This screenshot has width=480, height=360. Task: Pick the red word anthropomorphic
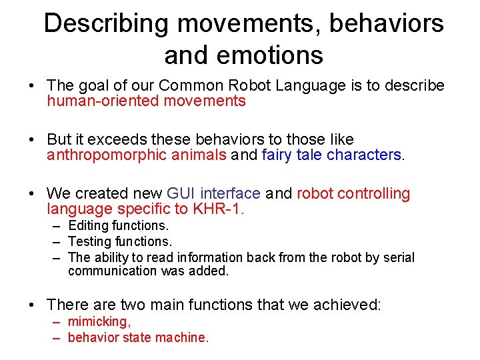pos(101,155)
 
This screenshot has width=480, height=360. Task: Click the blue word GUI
pos(181,193)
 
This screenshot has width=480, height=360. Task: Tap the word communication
pos(111,271)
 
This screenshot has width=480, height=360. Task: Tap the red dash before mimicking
pos(57,321)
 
